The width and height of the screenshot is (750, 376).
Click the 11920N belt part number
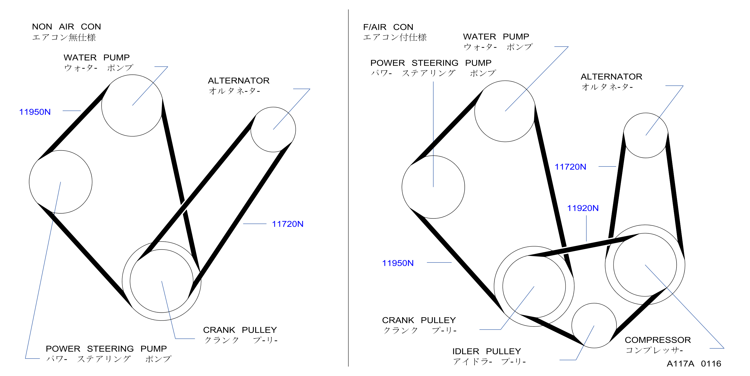583,208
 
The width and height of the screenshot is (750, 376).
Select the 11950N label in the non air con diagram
35,112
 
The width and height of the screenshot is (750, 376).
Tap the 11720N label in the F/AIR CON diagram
570,167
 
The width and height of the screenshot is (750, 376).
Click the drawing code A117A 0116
694,364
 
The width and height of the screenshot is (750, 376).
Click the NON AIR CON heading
66,27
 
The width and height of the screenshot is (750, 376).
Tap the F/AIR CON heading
388,27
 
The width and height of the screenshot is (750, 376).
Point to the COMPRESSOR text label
658,340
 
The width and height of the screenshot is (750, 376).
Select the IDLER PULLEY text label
486,351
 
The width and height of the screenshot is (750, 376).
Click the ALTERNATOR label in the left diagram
239,81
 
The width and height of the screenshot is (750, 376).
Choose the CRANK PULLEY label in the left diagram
240,330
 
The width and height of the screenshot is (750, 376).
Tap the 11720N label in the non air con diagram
288,224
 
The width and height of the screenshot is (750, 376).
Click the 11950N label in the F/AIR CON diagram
398,263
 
